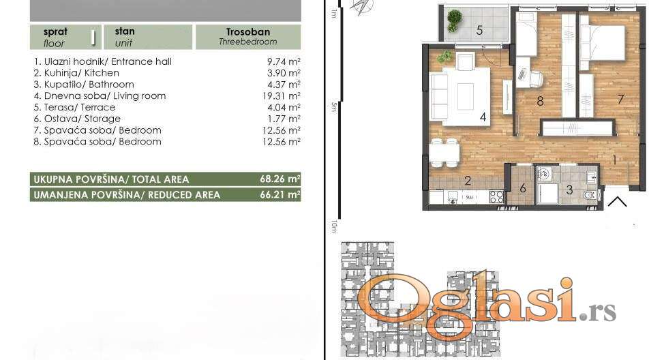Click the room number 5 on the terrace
(479, 30)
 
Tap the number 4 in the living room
(483, 117)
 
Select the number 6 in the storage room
(523, 188)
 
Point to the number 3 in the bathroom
(569, 190)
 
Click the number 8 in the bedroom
(540, 101)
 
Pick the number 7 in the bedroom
(620, 99)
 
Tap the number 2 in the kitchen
(468, 181)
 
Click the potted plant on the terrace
(454, 20)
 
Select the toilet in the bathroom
(589, 195)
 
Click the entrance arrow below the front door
(617, 202)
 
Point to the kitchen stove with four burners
(496, 196)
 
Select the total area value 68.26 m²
(280, 179)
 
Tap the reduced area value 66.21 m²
(280, 194)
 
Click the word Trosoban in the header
(248, 32)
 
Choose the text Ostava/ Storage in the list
(82, 119)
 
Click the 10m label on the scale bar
(333, 226)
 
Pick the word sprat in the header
(55, 32)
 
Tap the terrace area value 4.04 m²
(284, 107)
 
